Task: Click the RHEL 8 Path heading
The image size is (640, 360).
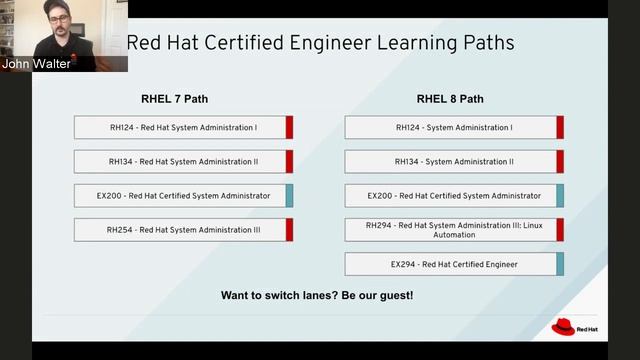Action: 450,99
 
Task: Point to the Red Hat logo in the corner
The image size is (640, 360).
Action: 564,327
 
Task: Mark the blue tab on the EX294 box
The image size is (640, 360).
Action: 560,264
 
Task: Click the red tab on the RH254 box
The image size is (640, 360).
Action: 289,230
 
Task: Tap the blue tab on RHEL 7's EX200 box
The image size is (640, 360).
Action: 289,196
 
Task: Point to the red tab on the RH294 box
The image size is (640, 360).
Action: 560,230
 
